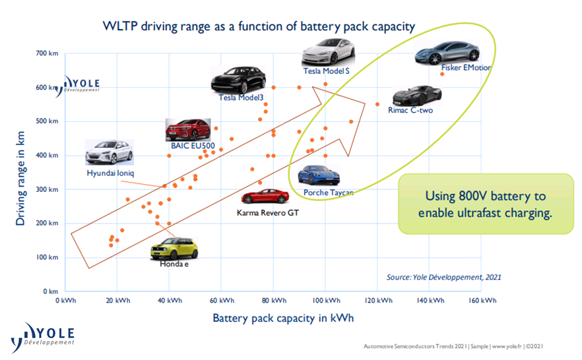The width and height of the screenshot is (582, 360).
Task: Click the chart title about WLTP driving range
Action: coord(259,27)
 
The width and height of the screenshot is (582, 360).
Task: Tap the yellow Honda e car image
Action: coord(174,249)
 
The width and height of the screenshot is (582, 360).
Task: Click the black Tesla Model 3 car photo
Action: coord(238,80)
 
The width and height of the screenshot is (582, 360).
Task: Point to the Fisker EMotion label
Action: coord(467,67)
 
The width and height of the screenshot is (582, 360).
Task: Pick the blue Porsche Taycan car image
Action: coord(319,175)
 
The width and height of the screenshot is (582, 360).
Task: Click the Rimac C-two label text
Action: coord(410,110)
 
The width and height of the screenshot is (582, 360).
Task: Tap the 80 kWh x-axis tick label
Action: coord(274,301)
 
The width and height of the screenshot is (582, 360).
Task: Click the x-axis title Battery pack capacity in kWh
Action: coord(282,318)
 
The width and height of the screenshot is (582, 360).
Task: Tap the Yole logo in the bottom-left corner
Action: coord(43,337)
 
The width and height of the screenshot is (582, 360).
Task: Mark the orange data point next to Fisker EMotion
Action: coord(442,74)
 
